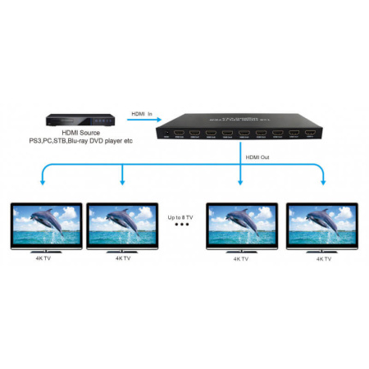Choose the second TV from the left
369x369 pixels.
tap(122, 223)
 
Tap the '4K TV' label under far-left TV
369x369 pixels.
tap(43, 258)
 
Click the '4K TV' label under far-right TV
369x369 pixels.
tap(323, 258)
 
